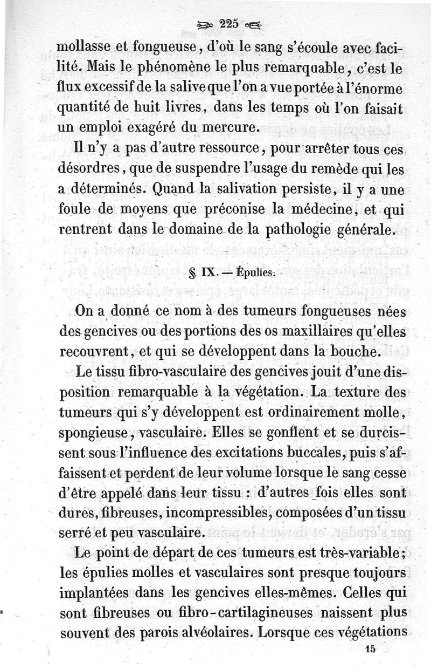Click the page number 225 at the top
(229, 23)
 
